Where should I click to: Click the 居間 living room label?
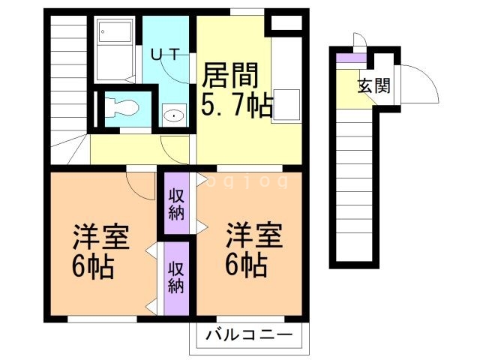coord(230,75)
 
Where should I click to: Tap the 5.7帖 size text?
coord(235,105)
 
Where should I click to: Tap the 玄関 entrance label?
coord(373,85)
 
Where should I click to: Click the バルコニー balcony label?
coord(249,334)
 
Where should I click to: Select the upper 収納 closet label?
coord(176,202)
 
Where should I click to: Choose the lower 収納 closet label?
coord(176,276)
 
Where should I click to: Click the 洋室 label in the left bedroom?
coord(101,237)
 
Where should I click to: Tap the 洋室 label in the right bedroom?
coord(254,237)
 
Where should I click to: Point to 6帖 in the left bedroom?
coord(94,266)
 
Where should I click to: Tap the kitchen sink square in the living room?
coord(287,103)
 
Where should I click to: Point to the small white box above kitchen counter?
coord(286,21)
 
